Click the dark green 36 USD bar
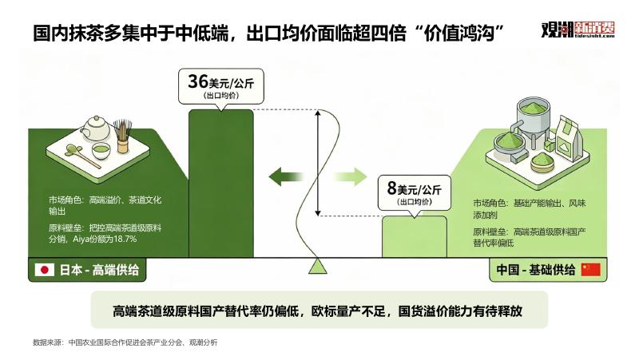point(221,184)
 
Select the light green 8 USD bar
point(415,236)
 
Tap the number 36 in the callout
point(198,81)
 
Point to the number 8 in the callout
point(391,188)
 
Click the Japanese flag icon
point(45,270)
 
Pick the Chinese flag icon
point(590,270)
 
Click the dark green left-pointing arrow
point(286,176)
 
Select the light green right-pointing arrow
point(350,176)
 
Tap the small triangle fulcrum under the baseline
point(318,267)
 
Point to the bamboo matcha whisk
point(122,136)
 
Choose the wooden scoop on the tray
point(82,156)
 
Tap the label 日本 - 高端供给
point(99,270)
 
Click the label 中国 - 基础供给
point(535,270)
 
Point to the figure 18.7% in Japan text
point(125,239)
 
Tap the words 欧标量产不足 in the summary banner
point(348,311)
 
